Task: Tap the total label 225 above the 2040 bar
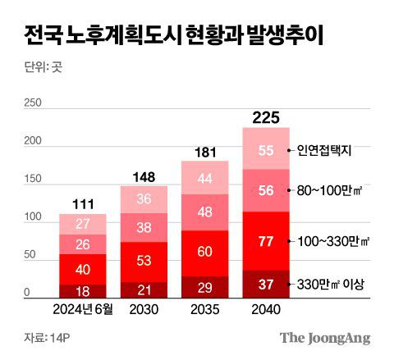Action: pos(265,117)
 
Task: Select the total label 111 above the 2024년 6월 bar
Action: pos(82,203)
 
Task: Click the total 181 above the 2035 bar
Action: pos(204,152)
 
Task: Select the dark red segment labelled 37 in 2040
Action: pos(265,284)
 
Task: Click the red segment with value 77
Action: pos(265,241)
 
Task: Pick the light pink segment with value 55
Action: pos(265,149)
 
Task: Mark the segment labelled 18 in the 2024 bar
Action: pos(82,290)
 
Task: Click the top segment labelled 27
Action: pos(82,224)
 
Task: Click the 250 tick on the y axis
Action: pos(33,103)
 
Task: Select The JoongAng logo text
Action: pos(325,338)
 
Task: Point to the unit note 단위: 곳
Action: pos(40,68)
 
